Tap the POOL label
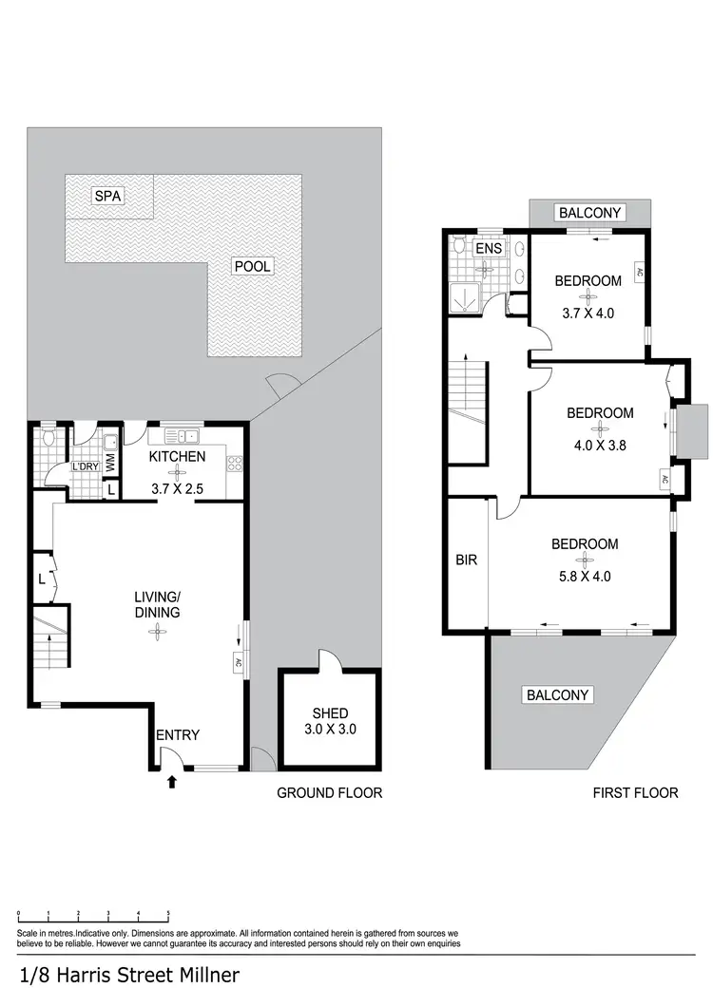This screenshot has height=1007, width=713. pos(252,266)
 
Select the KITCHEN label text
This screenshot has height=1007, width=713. pos(178,457)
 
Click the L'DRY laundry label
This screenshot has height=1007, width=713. pos(87,467)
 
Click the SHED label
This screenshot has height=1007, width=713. pos(330,713)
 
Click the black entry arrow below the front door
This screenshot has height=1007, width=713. pos(172,782)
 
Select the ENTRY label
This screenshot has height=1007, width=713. pos(178,734)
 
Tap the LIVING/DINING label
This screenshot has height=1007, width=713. pos(157,604)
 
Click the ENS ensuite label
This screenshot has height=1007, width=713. pos(489,249)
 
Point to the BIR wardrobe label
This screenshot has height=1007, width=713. pos(466,560)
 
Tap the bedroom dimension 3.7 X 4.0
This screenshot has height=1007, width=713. pos(588,312)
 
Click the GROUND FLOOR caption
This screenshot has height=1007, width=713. pos(329,792)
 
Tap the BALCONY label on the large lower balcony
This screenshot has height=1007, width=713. pos(558,695)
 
